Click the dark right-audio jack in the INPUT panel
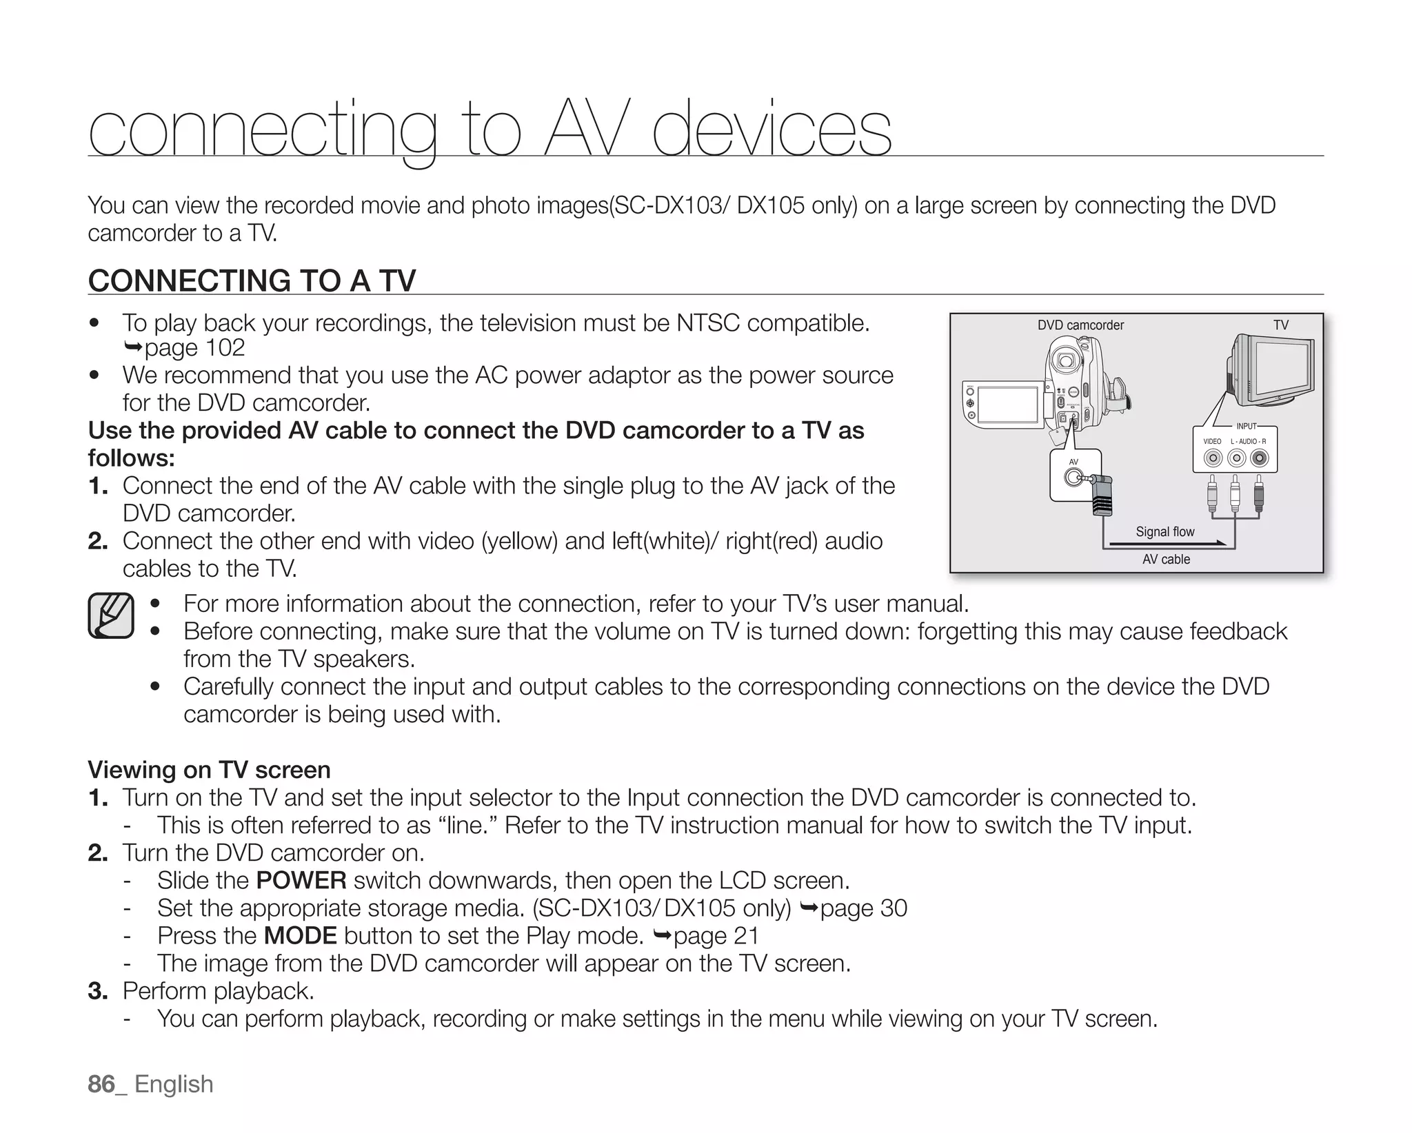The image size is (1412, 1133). coord(1259,458)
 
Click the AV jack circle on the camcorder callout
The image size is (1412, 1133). coord(1073,478)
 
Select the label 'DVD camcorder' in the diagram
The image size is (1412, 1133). coord(1080,325)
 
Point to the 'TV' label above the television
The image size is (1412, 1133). coord(1280,325)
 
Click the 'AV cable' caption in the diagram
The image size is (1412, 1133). coord(1166,560)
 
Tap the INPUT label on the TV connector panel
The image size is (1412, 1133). coord(1246,427)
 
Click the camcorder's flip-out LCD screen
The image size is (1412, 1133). coord(1008,405)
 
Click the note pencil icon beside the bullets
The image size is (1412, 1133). coord(111,615)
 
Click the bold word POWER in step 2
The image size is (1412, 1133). coord(301,881)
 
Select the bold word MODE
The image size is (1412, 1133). coord(300,936)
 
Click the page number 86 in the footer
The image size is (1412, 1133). coord(101,1084)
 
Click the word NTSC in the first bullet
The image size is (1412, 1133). coord(708,323)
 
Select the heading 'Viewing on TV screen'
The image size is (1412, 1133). coord(209,770)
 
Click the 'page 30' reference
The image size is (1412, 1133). coord(863,908)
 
